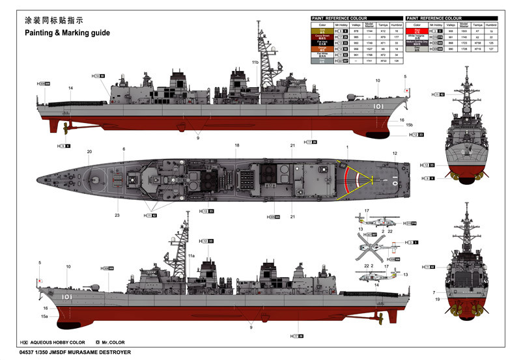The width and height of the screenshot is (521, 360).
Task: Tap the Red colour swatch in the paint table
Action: [417, 31]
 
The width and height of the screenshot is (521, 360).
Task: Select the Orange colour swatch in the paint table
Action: [323, 48]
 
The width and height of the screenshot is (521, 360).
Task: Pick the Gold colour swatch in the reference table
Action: [323, 31]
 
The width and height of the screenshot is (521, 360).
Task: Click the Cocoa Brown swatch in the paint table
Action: [323, 36]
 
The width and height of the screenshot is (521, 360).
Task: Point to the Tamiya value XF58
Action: [478, 42]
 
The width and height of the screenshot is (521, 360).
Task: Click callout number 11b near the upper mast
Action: [255, 62]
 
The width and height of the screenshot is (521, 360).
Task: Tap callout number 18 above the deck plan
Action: [238, 145]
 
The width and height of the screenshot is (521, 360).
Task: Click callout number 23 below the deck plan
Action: [118, 215]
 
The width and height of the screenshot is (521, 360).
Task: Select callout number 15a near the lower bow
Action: [45, 316]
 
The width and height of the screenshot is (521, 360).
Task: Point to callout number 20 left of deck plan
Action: [89, 152]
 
